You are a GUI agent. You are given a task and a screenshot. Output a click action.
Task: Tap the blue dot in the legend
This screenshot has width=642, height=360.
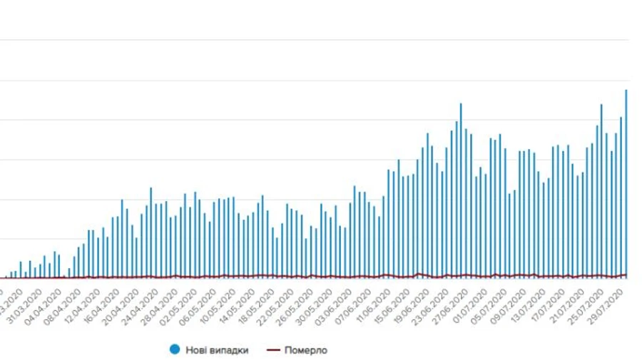(x=174, y=349)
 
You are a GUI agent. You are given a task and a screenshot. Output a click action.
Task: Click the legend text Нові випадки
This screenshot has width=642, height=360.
(x=217, y=349)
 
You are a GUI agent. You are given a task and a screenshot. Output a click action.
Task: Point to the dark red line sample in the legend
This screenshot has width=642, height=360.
(x=273, y=349)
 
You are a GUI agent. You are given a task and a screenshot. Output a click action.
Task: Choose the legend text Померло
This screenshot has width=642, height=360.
(x=306, y=349)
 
